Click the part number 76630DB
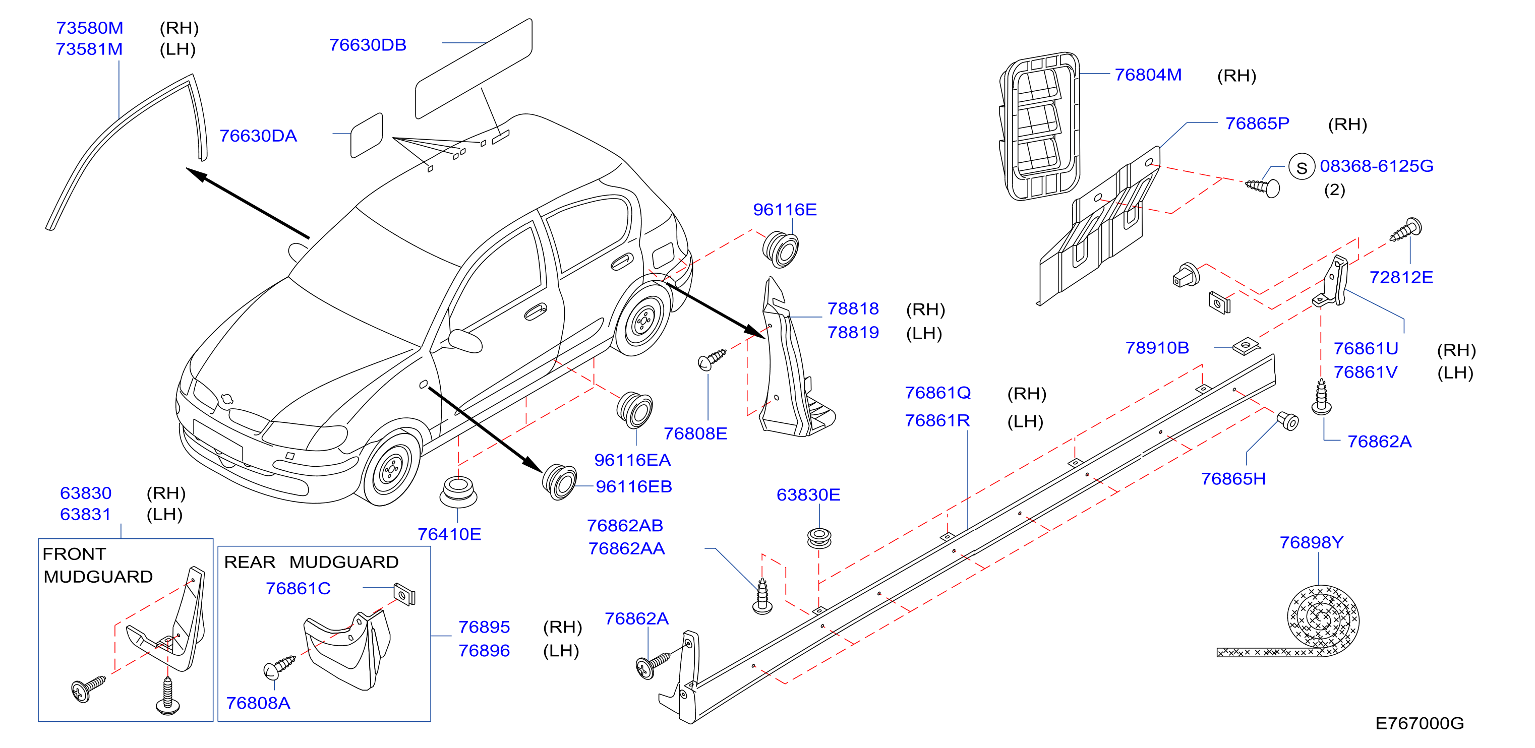point(368,45)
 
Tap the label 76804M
point(1148,75)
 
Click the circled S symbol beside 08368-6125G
point(1302,167)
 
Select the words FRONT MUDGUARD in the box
point(98,565)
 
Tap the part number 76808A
point(258,703)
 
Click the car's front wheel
point(390,469)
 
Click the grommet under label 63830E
point(819,537)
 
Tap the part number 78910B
point(1157,347)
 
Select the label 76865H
point(1233,478)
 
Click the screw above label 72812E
point(1406,230)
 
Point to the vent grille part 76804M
point(1039,126)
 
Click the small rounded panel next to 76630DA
point(367,135)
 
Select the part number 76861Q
point(937,393)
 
